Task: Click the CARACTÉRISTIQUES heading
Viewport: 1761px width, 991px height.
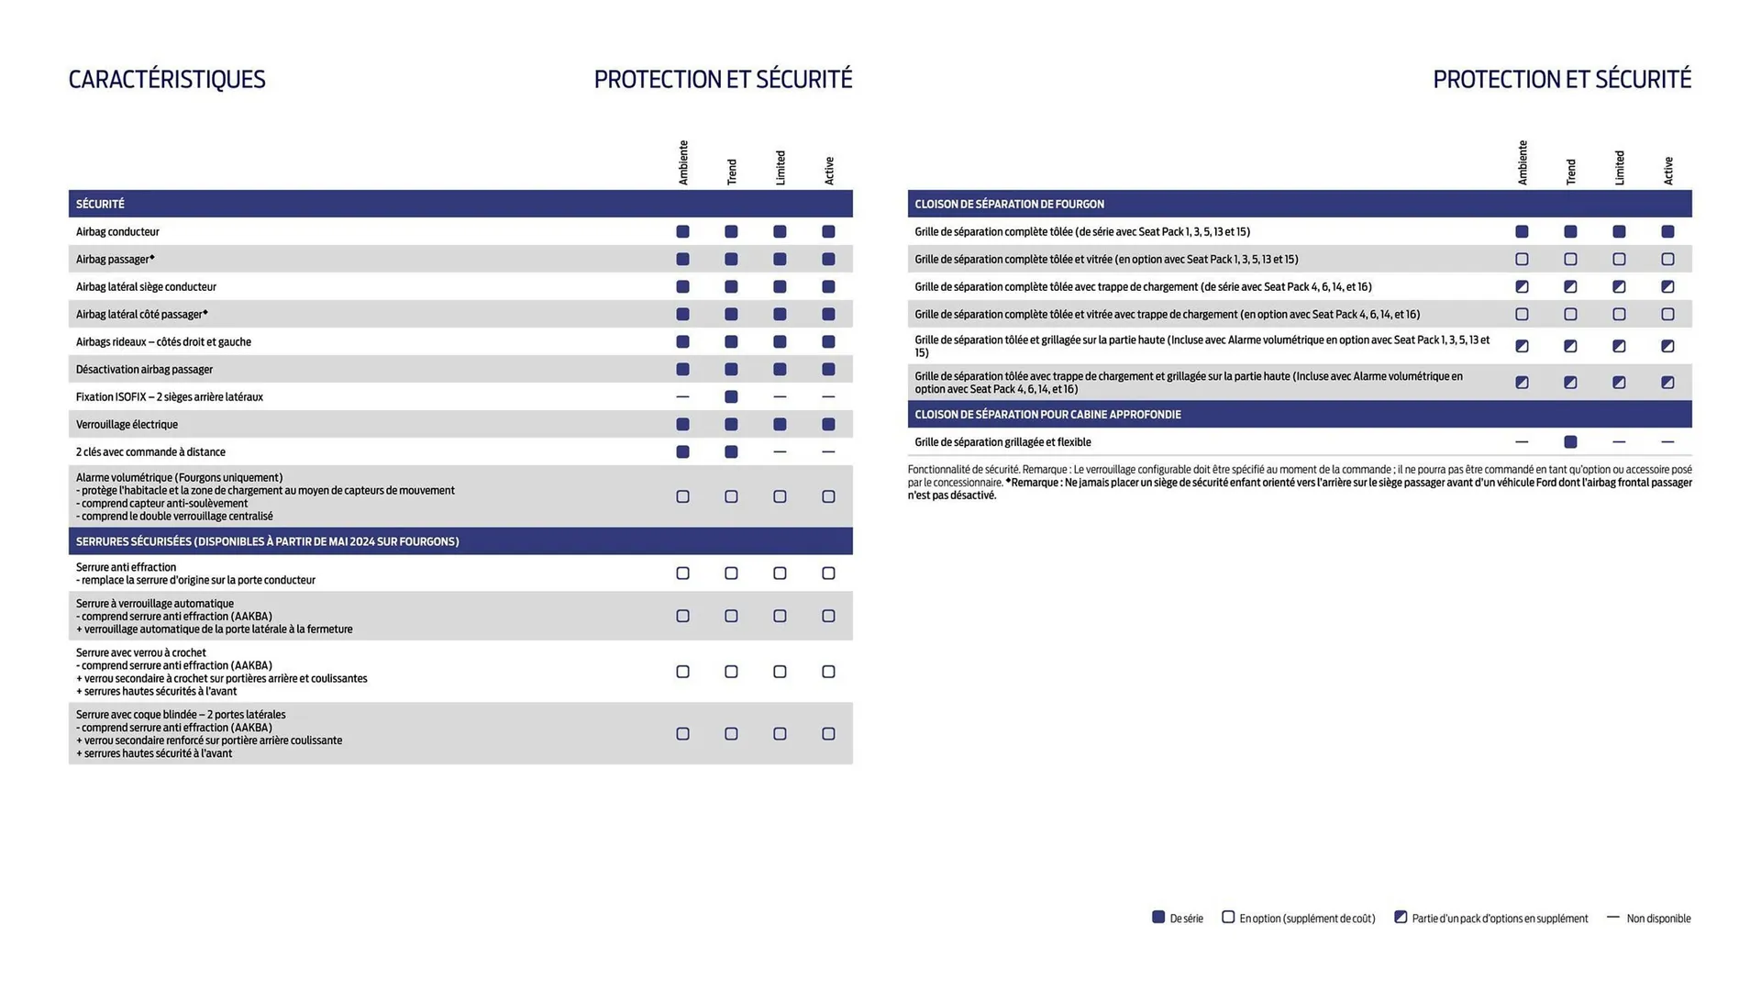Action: (167, 80)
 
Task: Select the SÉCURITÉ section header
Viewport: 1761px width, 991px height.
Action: (100, 204)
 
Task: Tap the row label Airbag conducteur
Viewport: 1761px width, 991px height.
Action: (117, 232)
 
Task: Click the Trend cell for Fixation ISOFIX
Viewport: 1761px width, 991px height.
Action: (731, 397)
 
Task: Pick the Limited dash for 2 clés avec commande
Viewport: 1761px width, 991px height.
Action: (780, 452)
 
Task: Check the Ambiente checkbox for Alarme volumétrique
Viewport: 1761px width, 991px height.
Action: (682, 496)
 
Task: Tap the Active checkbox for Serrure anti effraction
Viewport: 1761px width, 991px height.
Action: (828, 573)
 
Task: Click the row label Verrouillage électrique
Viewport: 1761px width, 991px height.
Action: (127, 425)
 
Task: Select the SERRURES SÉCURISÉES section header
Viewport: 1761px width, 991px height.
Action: (267, 541)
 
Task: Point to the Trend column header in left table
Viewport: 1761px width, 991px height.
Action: (731, 172)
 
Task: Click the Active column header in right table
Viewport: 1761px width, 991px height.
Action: (1667, 171)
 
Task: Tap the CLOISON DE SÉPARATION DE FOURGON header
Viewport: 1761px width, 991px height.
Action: (1009, 204)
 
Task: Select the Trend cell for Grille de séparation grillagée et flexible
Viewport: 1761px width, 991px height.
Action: (1570, 442)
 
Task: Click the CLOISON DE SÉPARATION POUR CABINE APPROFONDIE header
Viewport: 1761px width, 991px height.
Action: (1047, 415)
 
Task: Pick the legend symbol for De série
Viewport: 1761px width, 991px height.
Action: (1158, 918)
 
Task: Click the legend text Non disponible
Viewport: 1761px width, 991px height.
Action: (1658, 919)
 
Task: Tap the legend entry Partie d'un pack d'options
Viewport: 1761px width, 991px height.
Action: (1500, 919)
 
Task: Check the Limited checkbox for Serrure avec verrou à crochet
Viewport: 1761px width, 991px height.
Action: (780, 672)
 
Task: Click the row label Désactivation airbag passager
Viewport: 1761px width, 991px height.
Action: (144, 370)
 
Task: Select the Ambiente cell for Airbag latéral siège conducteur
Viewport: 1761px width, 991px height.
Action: (682, 287)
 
